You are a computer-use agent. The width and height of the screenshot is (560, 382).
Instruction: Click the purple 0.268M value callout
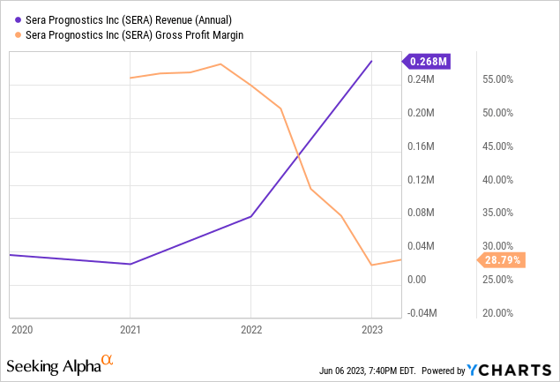[427, 61]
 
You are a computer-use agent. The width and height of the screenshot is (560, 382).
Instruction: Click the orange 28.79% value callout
[502, 260]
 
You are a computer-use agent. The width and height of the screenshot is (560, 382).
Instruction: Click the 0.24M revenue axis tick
[421, 79]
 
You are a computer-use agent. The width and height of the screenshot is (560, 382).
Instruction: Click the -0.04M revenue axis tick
[422, 313]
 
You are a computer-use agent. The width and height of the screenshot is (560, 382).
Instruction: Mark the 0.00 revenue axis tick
[418, 280]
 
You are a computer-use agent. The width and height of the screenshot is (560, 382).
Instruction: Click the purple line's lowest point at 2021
[131, 264]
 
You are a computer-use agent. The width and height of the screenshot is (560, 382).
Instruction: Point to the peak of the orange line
[220, 64]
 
